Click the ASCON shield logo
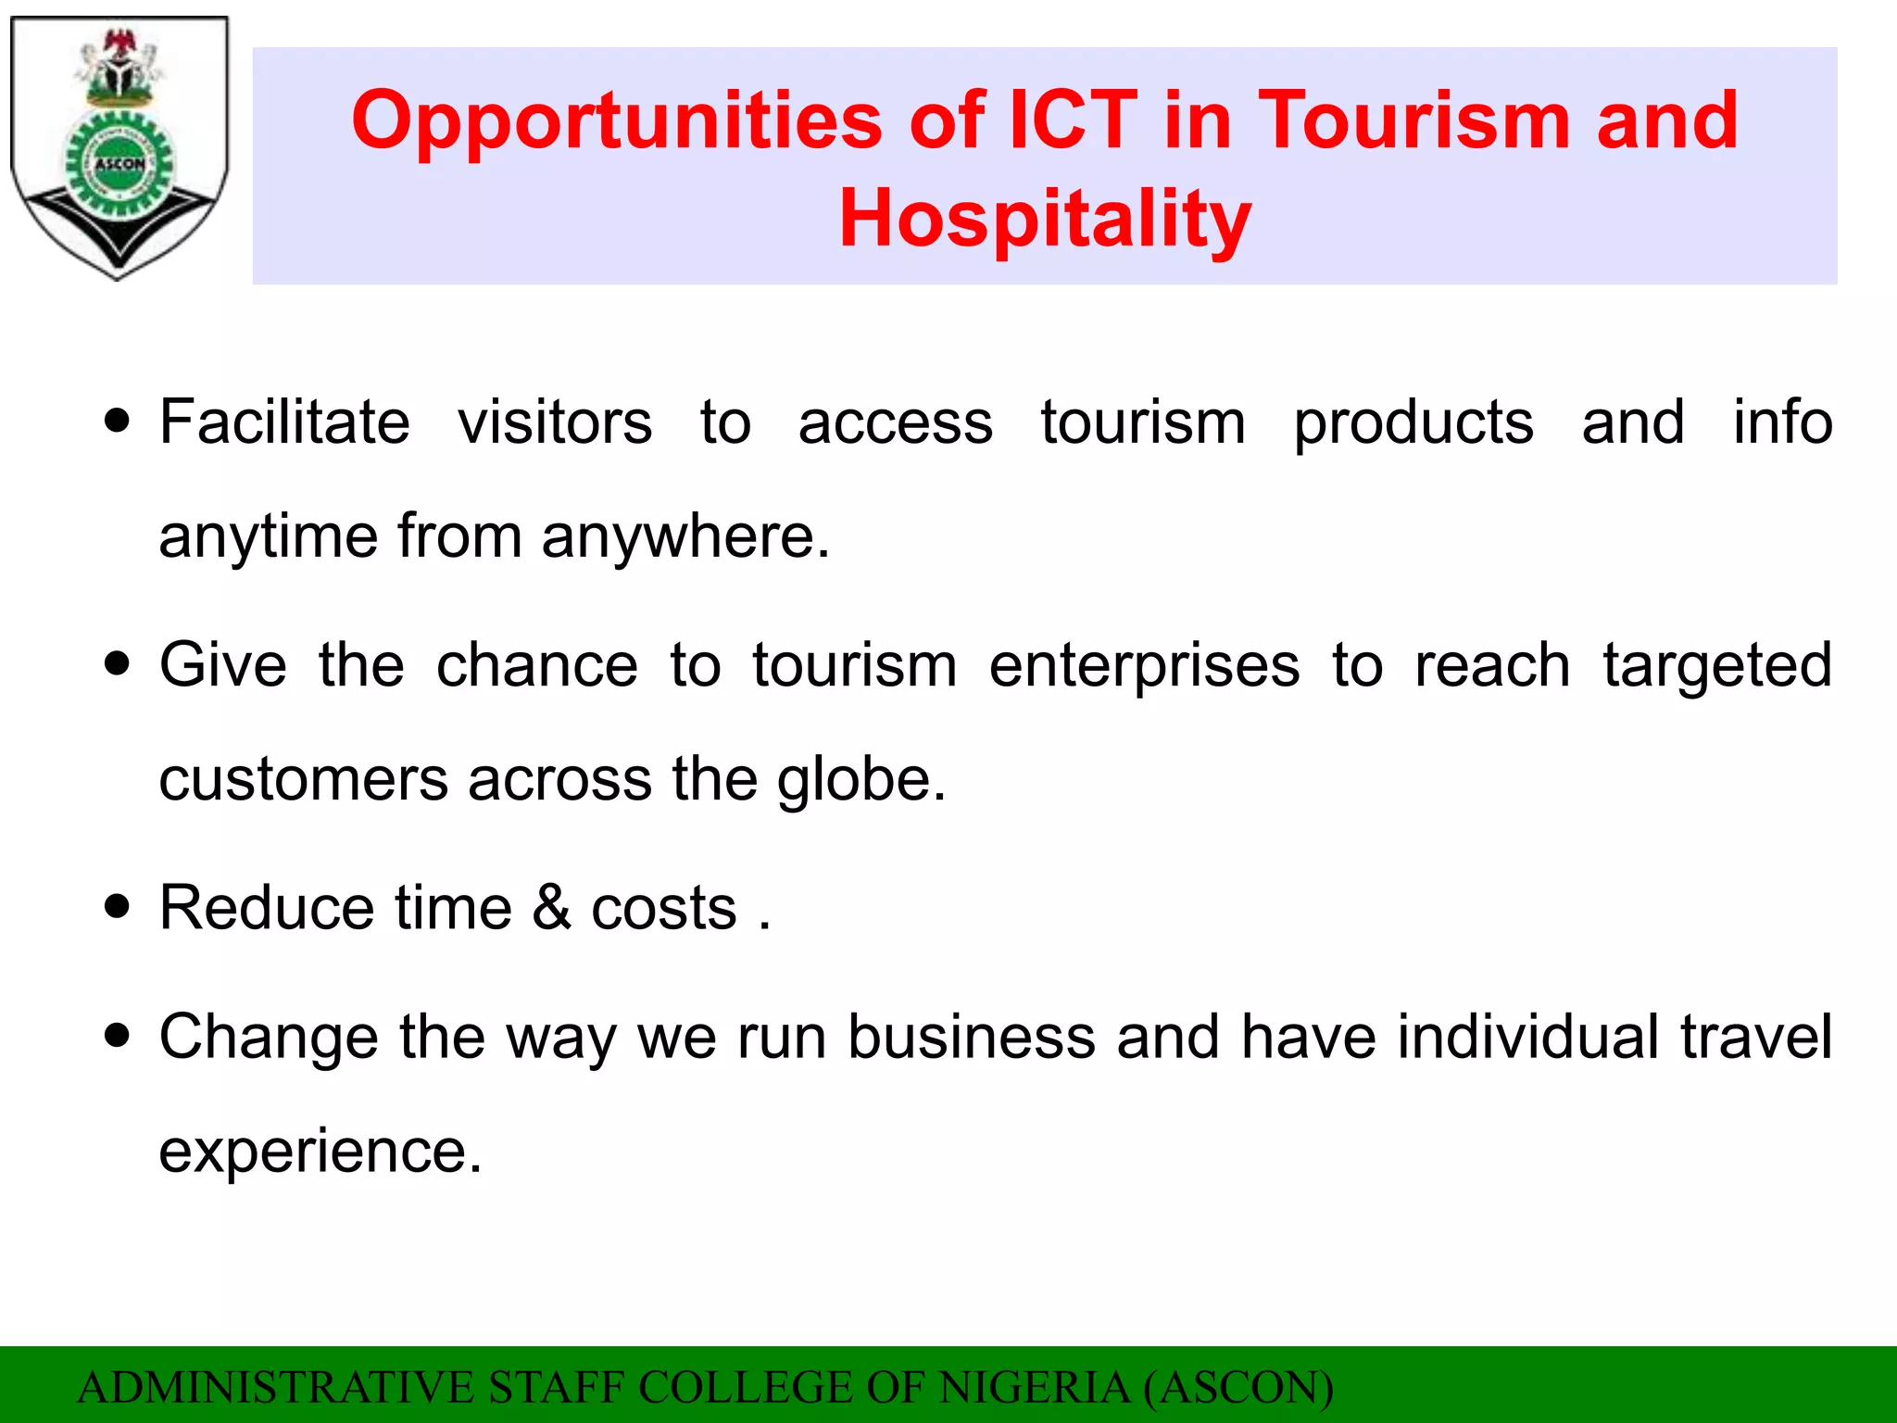pos(119,148)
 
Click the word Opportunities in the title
pos(617,121)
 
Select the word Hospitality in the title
pos(1045,219)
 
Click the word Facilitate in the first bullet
pos(284,422)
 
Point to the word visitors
pos(555,422)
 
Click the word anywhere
pos(685,536)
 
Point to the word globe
pos(861,780)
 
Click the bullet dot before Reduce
pos(118,905)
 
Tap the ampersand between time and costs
pos(552,907)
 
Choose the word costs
pos(664,908)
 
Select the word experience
pos(320,1152)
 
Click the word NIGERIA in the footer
pos(1034,1388)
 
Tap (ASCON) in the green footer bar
pos(1238,1388)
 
